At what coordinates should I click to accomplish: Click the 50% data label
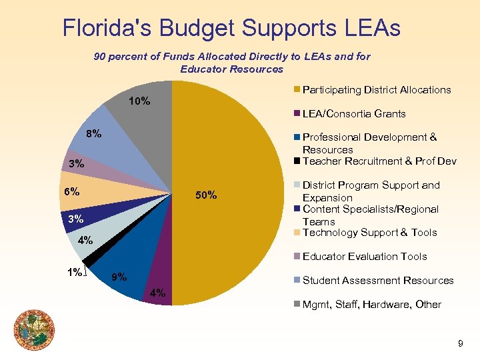pos(206,195)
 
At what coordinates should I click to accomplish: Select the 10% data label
pos(139,102)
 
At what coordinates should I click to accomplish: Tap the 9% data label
pos(119,277)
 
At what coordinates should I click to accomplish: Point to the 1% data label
pos(75,272)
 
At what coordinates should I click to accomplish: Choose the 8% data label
pos(93,134)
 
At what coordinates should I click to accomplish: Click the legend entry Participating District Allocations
pos(377,90)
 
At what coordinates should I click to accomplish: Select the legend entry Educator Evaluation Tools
pos(365,257)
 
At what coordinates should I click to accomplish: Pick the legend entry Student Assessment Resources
pos(378,281)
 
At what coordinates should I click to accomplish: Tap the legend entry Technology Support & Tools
pos(369,233)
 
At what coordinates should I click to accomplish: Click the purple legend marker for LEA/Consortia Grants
pos(297,114)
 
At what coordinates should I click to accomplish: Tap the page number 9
pos(460,343)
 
